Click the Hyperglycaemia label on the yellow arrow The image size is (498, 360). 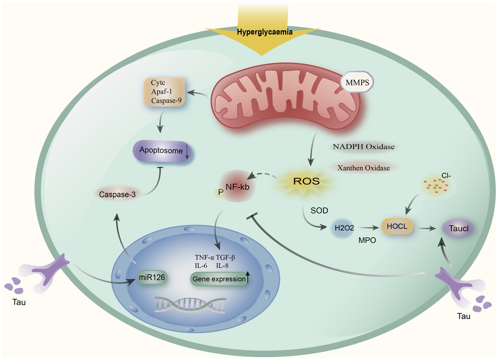pos(264,32)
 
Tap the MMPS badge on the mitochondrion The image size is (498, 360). pos(357,82)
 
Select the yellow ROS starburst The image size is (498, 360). pos(306,181)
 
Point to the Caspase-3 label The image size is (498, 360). pos(117,194)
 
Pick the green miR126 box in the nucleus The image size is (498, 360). pos(152,278)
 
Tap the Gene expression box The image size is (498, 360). pos(219,279)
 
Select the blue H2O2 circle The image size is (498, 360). pos(344,228)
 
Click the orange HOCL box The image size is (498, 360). pos(397,226)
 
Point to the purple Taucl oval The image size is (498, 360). pos(458,228)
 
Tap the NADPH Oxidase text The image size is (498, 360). pos(364,147)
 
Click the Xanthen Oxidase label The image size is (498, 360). pos(363,168)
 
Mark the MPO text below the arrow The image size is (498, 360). pos(367,241)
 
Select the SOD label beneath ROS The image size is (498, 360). pos(319,211)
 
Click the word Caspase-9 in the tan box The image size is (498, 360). pos(166,101)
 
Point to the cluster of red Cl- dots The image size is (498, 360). pos(437,187)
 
